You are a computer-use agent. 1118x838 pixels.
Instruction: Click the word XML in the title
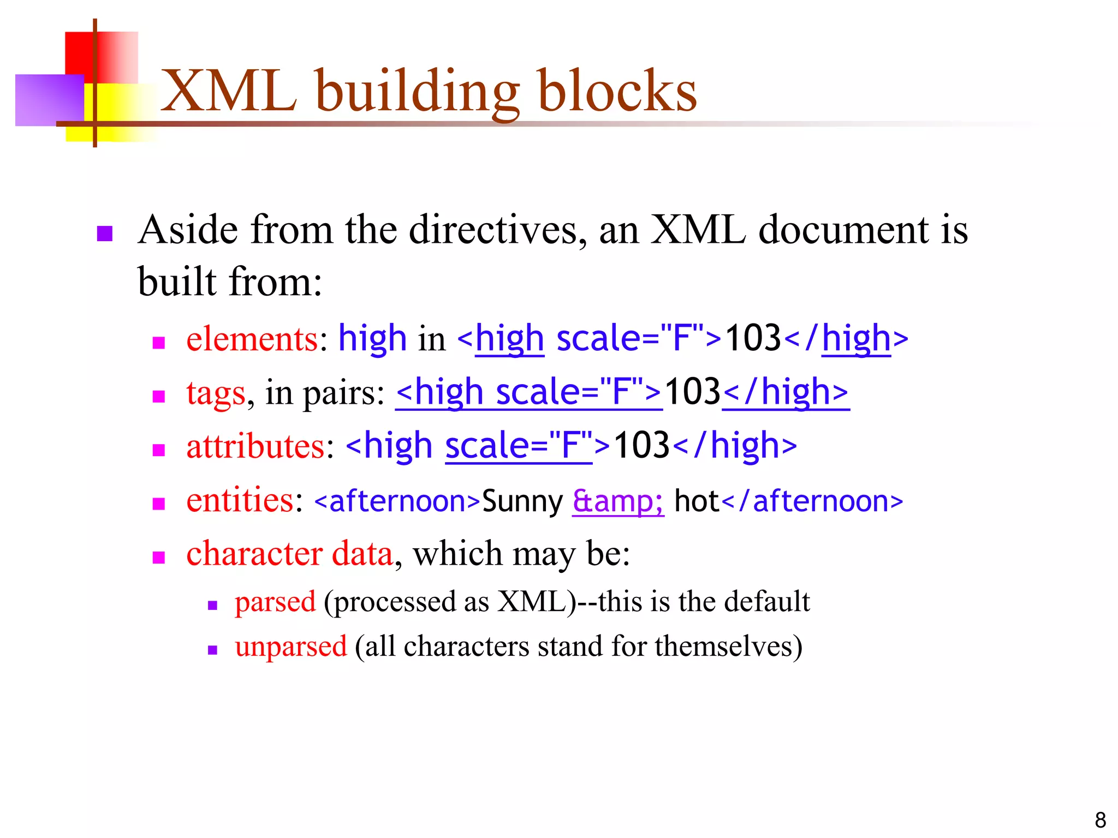[229, 91]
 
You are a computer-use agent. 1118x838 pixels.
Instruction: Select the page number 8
[1100, 820]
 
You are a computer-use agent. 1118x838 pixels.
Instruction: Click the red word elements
[252, 339]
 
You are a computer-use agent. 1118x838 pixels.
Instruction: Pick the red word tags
[216, 393]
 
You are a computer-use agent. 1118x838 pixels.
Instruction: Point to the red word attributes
[255, 446]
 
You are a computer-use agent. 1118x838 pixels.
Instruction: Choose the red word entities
[240, 500]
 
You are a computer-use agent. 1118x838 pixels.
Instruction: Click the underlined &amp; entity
[618, 501]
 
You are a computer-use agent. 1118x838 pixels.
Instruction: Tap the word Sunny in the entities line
[522, 501]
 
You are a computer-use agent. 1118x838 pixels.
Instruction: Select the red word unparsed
[291, 647]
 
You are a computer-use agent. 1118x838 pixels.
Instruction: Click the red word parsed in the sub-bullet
[275, 602]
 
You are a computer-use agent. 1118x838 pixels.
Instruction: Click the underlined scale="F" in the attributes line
[519, 446]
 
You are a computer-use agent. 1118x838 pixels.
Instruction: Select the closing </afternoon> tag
[812, 501]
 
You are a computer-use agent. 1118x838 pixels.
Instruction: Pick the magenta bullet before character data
[159, 557]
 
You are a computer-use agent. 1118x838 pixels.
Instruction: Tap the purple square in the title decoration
[46, 101]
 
